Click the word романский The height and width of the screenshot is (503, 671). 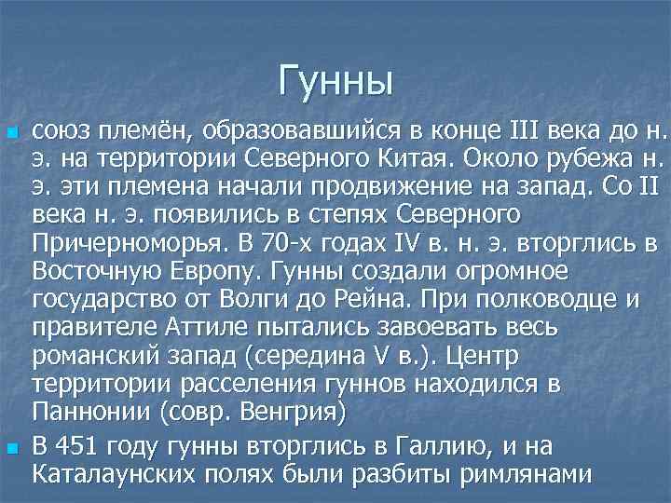tap(96, 357)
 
